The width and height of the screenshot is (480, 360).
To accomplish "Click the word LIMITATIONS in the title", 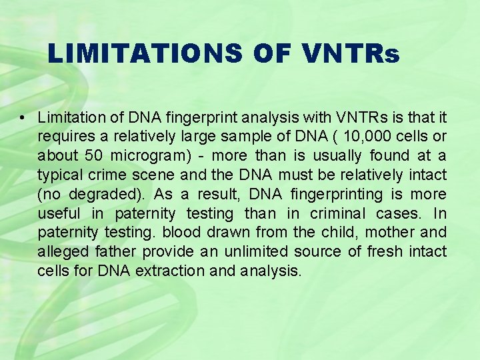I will click(x=145, y=53).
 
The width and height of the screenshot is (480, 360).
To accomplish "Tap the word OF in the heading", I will click(x=272, y=53).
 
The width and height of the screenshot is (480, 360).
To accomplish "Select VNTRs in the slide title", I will click(x=350, y=53).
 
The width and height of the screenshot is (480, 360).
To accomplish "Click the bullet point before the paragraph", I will click(x=23, y=118).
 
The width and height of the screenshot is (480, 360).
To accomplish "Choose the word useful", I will click(x=57, y=213).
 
